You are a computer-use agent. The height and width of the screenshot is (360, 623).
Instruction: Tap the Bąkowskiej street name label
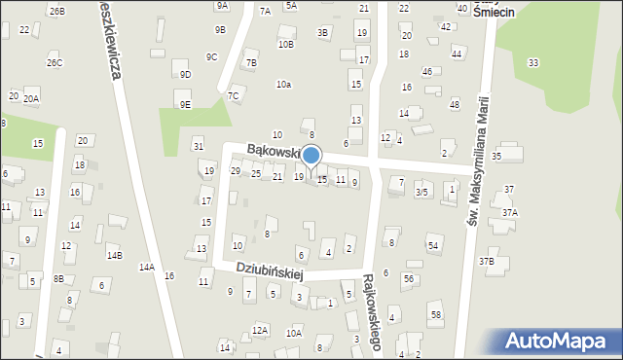[276, 150]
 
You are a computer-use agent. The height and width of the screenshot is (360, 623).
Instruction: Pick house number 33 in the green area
[532, 63]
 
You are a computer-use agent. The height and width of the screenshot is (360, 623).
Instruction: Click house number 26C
[55, 63]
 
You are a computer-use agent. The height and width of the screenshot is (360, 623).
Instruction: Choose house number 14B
[115, 255]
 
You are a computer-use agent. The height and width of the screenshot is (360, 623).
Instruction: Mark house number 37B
[486, 261]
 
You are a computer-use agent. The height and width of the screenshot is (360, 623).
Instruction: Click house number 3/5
[421, 193]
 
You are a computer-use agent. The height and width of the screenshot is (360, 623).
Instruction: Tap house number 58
[436, 314]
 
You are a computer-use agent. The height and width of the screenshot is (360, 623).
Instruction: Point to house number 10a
[283, 85]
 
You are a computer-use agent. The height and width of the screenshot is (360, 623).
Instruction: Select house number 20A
[31, 99]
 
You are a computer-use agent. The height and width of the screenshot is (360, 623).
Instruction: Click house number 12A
[260, 331]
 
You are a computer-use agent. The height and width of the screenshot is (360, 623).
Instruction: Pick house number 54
[432, 245]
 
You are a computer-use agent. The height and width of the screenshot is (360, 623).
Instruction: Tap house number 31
[199, 146]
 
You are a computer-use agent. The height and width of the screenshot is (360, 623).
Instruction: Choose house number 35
[496, 156]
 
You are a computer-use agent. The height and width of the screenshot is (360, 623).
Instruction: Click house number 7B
[251, 63]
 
